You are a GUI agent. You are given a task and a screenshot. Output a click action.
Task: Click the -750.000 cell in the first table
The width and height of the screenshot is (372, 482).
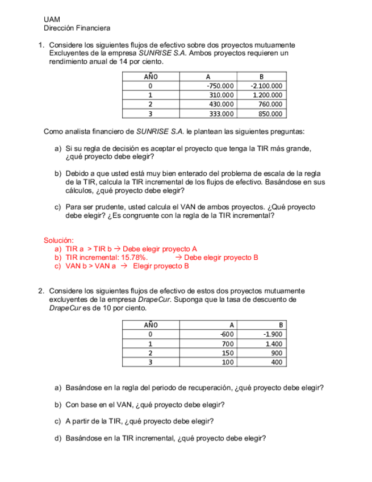tap(220, 86)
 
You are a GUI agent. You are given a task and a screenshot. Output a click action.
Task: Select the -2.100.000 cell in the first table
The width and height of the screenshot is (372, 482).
tap(266, 86)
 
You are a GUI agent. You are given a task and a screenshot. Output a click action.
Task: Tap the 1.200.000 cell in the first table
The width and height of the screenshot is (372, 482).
tap(267, 95)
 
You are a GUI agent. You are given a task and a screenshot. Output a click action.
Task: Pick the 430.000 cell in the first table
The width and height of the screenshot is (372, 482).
tap(221, 105)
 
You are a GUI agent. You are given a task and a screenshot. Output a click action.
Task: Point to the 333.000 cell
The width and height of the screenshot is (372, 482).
tap(221, 114)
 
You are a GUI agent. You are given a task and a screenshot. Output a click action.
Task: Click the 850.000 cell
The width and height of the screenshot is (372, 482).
tap(271, 114)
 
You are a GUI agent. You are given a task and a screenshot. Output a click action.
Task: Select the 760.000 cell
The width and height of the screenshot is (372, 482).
tap(271, 105)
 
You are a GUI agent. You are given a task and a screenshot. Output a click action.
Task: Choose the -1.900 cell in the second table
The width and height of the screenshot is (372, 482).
tap(273, 334)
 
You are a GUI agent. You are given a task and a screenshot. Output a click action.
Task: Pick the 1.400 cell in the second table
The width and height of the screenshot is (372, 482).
tap(274, 343)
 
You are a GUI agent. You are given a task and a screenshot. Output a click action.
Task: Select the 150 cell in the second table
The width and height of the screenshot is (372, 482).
tap(228, 352)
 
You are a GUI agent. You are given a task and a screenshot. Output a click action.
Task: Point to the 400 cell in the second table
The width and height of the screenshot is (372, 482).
tap(277, 361)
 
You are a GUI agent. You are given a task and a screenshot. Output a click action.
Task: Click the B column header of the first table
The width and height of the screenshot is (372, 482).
tap(261, 77)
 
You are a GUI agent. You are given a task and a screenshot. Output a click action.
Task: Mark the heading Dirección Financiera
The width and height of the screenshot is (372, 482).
tap(77, 28)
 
